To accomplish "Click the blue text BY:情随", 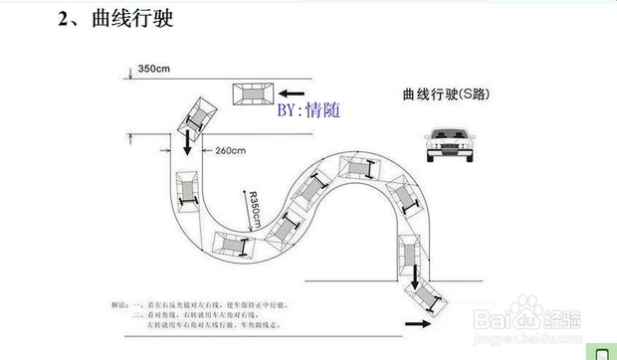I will tap(308, 109).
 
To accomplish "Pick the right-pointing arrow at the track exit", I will tap(420, 322).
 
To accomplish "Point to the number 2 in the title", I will tap(63, 19).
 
